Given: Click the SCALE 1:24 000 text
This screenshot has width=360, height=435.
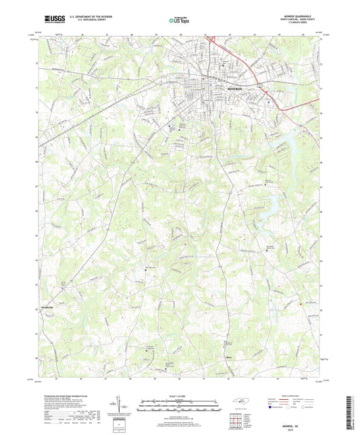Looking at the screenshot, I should pos(180,395).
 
